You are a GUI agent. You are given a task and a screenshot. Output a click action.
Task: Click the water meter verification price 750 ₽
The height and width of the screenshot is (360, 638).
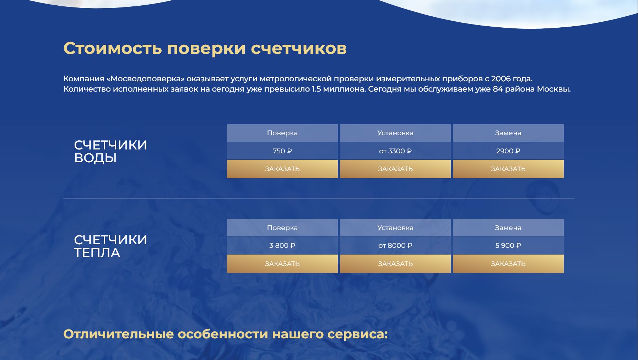coord(282,151)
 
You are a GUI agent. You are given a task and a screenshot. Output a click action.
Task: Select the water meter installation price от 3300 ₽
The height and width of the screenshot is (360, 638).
coord(395,151)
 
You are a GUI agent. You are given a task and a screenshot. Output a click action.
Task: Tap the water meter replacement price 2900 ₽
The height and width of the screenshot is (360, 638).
coord(508,151)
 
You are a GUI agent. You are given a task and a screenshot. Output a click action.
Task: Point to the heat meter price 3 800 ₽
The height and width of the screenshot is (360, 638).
coord(282,245)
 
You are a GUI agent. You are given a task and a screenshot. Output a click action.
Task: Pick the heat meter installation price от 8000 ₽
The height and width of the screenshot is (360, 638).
coord(395,245)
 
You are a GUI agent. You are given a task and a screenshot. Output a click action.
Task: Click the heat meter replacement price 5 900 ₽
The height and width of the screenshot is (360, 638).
coord(508,245)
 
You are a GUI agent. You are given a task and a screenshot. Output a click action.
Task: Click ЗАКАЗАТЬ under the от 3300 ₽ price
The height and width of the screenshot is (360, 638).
coord(395,169)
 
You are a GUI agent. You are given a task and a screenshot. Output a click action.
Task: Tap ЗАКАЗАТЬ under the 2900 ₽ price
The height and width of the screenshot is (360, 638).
coord(508,169)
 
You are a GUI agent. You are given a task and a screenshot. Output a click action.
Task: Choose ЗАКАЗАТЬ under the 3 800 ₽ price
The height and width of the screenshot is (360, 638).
coord(282,264)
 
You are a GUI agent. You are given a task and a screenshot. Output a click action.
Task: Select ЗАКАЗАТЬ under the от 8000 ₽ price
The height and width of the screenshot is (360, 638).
coord(395,264)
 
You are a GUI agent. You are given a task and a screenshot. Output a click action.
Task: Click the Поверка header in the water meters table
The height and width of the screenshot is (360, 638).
coord(282,133)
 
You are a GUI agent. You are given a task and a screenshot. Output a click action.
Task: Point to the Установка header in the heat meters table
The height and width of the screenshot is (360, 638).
coord(395,228)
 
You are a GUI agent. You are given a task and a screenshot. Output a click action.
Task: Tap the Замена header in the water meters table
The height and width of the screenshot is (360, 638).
coord(508,133)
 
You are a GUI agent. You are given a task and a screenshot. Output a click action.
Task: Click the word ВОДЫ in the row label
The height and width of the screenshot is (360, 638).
coord(95,158)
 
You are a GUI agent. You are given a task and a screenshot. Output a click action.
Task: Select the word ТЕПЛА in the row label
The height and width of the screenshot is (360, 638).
coord(97,253)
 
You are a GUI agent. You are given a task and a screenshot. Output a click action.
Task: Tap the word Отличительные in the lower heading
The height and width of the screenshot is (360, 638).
coord(118,334)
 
